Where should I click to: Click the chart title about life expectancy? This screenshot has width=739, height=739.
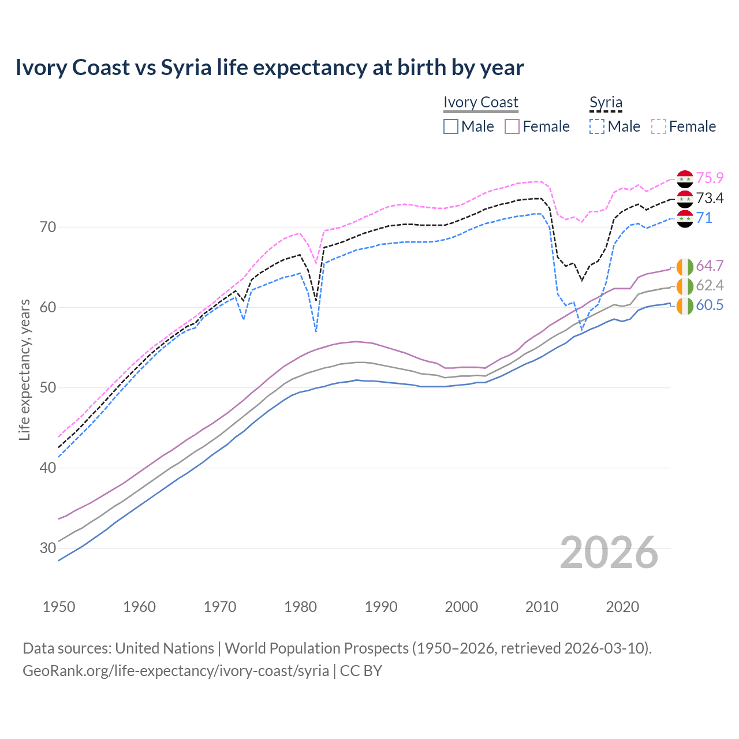pyautogui.click(x=269, y=68)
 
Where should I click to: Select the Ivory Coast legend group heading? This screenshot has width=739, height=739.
pyautogui.click(x=480, y=102)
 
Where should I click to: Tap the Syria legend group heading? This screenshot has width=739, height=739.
pyautogui.click(x=606, y=102)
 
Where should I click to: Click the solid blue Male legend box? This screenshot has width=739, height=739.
pyautogui.click(x=451, y=126)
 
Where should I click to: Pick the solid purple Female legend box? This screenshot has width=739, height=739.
pyautogui.click(x=512, y=126)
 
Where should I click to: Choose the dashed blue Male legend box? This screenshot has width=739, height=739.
pyautogui.click(x=597, y=126)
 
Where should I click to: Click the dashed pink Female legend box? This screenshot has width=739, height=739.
pyautogui.click(x=659, y=126)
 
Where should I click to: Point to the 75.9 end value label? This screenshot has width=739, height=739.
pyautogui.click(x=710, y=178)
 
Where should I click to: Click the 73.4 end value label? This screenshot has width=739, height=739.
pyautogui.click(x=710, y=198)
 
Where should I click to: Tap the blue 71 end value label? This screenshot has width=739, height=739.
pyautogui.click(x=704, y=218)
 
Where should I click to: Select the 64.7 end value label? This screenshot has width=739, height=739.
pyautogui.click(x=710, y=266)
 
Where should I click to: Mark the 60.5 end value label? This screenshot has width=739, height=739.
pyautogui.click(x=710, y=305)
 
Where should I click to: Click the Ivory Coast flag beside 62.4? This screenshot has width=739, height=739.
pyautogui.click(x=685, y=286)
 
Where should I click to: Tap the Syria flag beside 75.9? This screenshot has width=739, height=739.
pyautogui.click(x=685, y=179)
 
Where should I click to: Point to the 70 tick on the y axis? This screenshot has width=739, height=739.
pyautogui.click(x=48, y=227)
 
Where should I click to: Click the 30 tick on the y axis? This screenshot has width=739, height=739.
pyautogui.click(x=48, y=548)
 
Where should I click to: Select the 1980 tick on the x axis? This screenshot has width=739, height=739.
pyautogui.click(x=300, y=607)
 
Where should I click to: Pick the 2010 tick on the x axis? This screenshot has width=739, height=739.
pyautogui.click(x=542, y=607)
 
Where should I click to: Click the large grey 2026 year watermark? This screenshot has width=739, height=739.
pyautogui.click(x=609, y=553)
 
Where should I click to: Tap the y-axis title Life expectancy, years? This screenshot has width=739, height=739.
pyautogui.click(x=24, y=369)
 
